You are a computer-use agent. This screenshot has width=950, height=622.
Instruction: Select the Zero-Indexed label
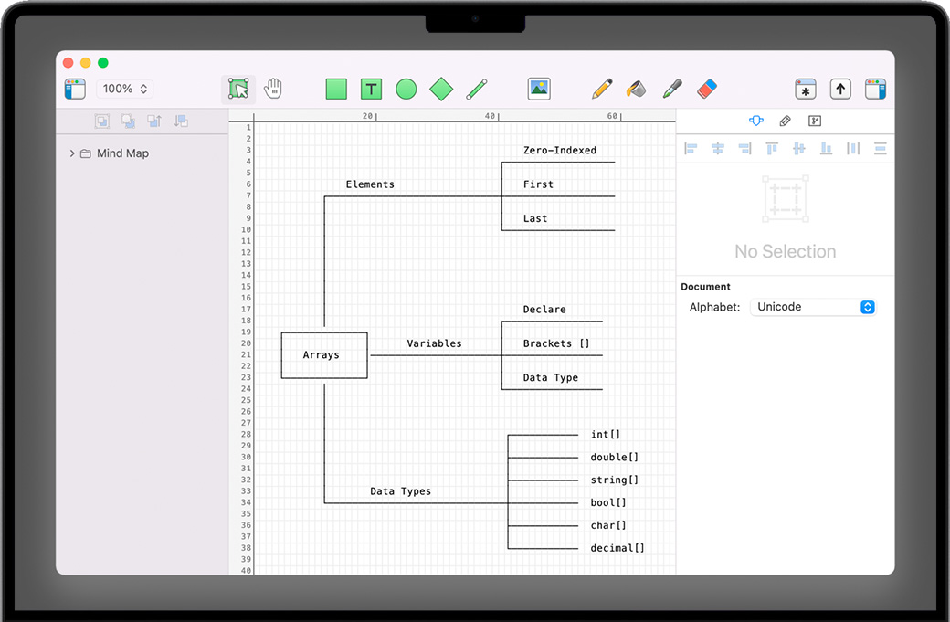click(559, 151)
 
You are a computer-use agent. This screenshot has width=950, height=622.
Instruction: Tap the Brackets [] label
click(555, 344)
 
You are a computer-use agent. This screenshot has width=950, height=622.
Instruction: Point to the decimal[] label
click(617, 549)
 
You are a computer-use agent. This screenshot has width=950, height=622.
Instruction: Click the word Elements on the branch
click(370, 184)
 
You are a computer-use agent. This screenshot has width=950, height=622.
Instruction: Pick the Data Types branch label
click(400, 491)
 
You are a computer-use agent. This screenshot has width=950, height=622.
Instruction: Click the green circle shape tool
click(406, 89)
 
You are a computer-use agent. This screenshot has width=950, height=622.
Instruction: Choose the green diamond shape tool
click(441, 89)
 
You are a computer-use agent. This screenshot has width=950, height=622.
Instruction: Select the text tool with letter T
click(371, 89)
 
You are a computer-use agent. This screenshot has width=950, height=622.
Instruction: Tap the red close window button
click(68, 63)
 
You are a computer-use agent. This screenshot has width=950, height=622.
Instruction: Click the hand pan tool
click(273, 89)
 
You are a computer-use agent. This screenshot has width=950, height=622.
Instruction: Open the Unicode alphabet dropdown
click(813, 307)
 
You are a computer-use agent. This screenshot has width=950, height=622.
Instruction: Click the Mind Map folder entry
click(121, 153)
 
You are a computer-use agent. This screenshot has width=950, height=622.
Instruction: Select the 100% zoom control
click(124, 89)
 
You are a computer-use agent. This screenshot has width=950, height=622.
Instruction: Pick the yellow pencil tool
click(602, 89)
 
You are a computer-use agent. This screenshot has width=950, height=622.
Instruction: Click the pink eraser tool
click(707, 89)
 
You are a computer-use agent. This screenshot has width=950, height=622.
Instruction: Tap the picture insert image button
click(539, 89)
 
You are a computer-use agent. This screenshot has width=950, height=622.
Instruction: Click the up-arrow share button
click(840, 89)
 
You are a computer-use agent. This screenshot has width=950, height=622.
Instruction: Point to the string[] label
click(615, 480)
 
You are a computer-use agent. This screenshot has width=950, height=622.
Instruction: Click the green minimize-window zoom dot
click(103, 63)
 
